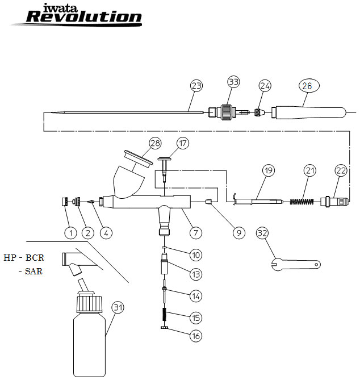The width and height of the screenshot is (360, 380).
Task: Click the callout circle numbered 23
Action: point(196,86)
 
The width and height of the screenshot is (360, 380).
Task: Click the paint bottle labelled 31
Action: point(90,335)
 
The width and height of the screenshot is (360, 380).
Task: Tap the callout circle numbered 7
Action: point(196,232)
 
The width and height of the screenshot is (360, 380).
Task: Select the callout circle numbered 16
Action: point(196,336)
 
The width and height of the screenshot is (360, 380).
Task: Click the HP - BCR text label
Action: point(24,257)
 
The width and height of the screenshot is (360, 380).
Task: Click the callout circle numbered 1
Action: point(70,232)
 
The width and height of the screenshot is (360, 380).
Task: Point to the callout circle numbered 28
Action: point(156,143)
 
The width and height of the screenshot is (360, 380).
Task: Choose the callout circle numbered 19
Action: point(269,170)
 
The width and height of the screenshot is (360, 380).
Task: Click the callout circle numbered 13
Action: point(196,274)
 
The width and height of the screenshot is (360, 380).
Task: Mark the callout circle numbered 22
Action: point(340,170)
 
